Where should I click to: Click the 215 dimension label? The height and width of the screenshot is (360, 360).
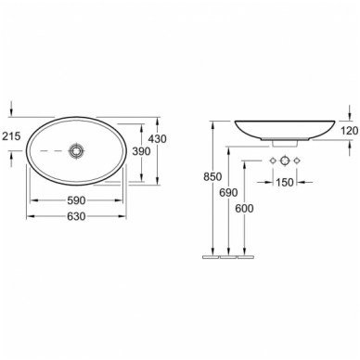tap(11, 135)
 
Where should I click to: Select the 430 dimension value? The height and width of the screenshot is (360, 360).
tap(158, 139)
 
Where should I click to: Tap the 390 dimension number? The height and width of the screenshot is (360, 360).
tap(141, 151)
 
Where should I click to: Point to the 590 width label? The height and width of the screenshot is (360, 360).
tap(76, 200)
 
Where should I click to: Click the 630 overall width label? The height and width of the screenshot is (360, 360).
tap(76, 216)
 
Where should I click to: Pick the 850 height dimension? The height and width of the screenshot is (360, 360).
tap(212, 176)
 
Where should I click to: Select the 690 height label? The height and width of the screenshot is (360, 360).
tap(228, 193)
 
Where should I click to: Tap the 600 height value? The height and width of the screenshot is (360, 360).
tap(244, 209)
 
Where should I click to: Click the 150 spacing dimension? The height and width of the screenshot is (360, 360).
tap(284, 182)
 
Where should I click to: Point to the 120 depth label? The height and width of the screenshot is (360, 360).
tap(350, 131)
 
